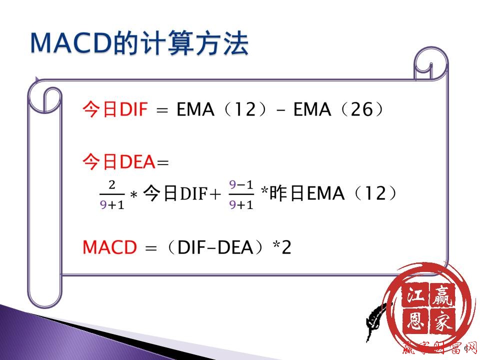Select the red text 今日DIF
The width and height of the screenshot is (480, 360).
coord(115,109)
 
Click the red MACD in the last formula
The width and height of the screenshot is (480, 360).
coord(109,247)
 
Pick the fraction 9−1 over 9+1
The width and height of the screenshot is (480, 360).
coord(241,195)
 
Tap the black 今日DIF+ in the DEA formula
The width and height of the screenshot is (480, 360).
coord(182,194)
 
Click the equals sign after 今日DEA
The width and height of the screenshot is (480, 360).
coord(163,162)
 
